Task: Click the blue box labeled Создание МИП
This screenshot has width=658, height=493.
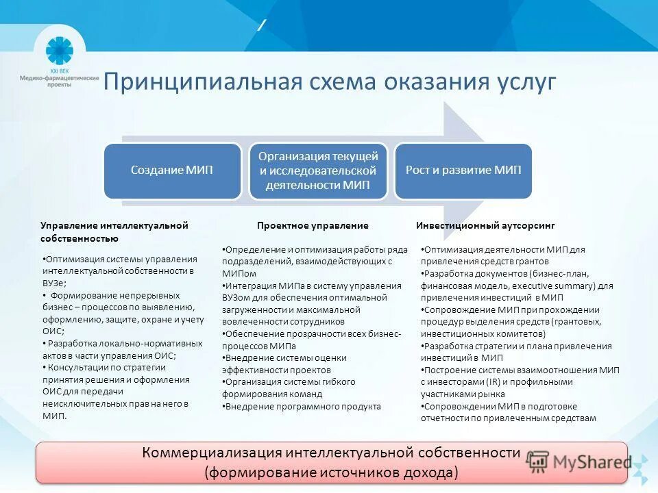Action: tap(172, 170)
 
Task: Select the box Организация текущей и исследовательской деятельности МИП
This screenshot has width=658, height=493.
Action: tap(317, 170)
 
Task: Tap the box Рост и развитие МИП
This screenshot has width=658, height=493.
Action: tap(463, 170)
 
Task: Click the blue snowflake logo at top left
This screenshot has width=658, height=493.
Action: tap(59, 51)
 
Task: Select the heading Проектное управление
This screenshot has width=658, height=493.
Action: tap(313, 225)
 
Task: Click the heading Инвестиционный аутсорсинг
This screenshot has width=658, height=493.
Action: tap(485, 225)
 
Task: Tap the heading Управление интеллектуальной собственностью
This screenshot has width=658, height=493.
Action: tap(114, 231)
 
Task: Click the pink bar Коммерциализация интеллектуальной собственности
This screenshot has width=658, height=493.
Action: tap(332, 453)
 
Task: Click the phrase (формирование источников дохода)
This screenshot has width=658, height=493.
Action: tap(331, 472)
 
